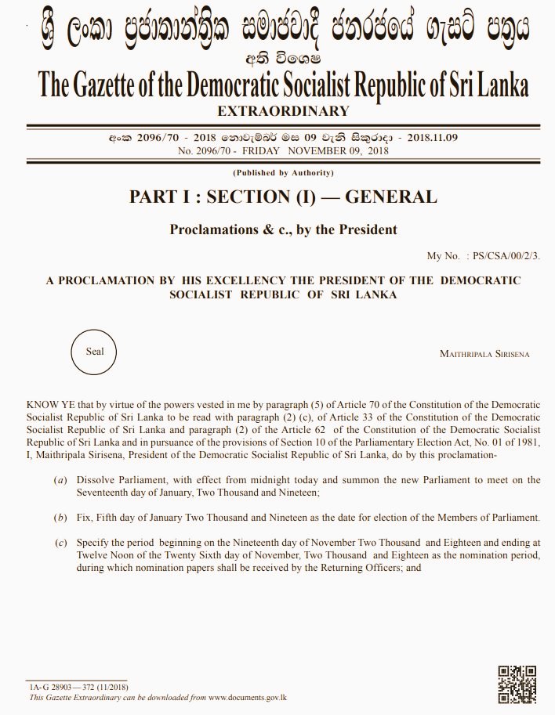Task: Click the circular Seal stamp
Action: [x=95, y=352]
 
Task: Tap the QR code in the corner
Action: [x=517, y=684]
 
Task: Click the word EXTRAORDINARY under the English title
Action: [x=283, y=110]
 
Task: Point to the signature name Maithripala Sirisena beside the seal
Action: [x=484, y=354]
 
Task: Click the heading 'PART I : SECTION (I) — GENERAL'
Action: [x=283, y=197]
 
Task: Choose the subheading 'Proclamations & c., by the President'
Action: [x=283, y=229]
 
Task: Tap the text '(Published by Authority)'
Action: [x=283, y=172]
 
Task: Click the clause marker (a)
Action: [x=60, y=480]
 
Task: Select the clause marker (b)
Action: [x=60, y=518]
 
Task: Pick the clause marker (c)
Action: [x=60, y=542]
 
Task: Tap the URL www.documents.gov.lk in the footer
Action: [x=248, y=696]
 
